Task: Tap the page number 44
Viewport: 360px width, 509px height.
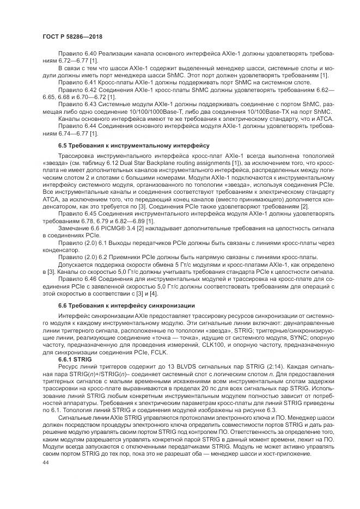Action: pyautogui.click(x=45, y=463)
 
